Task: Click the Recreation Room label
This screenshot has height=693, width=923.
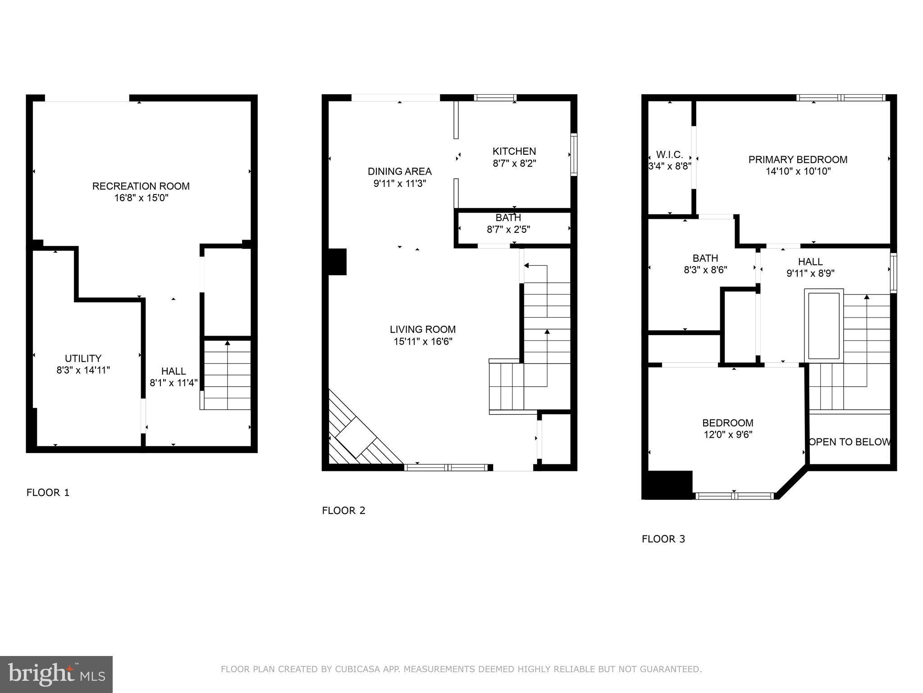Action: [x=141, y=186]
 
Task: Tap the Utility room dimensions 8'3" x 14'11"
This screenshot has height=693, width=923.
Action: [x=83, y=370]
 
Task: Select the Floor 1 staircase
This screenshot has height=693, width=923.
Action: [x=227, y=374]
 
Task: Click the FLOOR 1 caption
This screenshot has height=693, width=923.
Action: [x=48, y=493]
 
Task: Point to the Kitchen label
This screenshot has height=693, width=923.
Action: [x=514, y=151]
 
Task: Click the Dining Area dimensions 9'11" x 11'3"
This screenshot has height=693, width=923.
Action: [x=399, y=184]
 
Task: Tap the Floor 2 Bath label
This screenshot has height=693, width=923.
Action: [x=508, y=217]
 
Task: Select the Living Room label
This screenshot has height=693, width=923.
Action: [x=422, y=329]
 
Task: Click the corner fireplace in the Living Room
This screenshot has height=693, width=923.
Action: [x=356, y=440]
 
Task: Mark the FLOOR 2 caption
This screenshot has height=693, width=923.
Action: [x=343, y=511]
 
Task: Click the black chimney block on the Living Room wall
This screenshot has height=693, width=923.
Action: [x=337, y=262]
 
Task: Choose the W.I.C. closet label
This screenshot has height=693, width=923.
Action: [x=669, y=154]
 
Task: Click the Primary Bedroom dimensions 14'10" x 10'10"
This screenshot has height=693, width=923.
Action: [x=798, y=171]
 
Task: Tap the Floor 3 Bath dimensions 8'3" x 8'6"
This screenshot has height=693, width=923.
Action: [x=705, y=270]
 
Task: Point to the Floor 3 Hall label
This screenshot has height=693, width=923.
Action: [x=810, y=262]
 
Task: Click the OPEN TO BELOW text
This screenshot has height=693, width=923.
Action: [x=850, y=442]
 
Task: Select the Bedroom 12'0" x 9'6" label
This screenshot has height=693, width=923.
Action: [x=727, y=423]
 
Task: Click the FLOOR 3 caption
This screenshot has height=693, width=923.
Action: [x=663, y=539]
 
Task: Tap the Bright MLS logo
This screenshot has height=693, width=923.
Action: [x=56, y=674]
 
